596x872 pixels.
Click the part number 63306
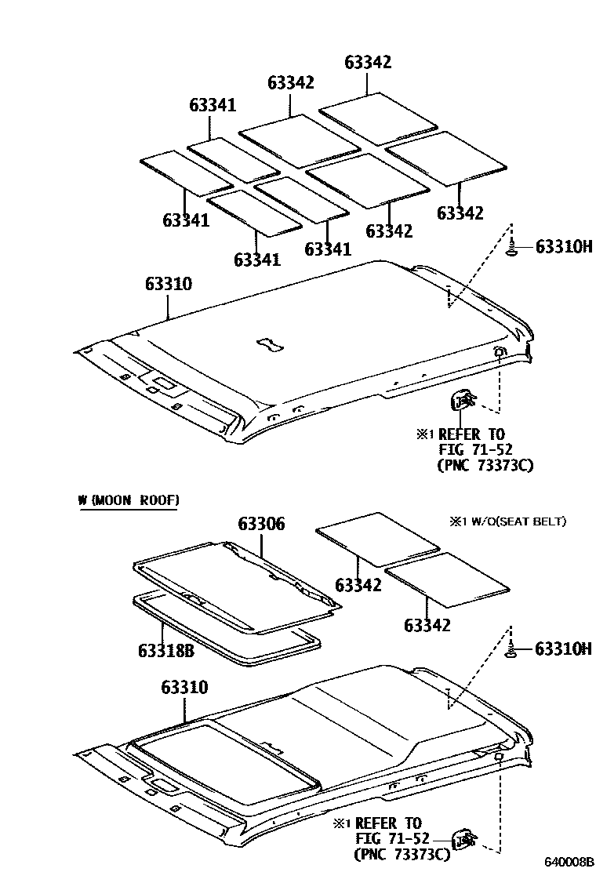(262, 525)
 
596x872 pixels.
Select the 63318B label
(165, 649)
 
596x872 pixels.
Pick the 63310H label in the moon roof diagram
(563, 649)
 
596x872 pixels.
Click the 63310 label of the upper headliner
(168, 284)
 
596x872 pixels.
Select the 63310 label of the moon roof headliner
(185, 688)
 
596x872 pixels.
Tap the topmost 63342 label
(368, 63)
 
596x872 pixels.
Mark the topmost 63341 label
(213, 105)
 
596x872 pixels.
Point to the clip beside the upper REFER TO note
(461, 401)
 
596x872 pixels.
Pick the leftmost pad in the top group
(186, 173)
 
